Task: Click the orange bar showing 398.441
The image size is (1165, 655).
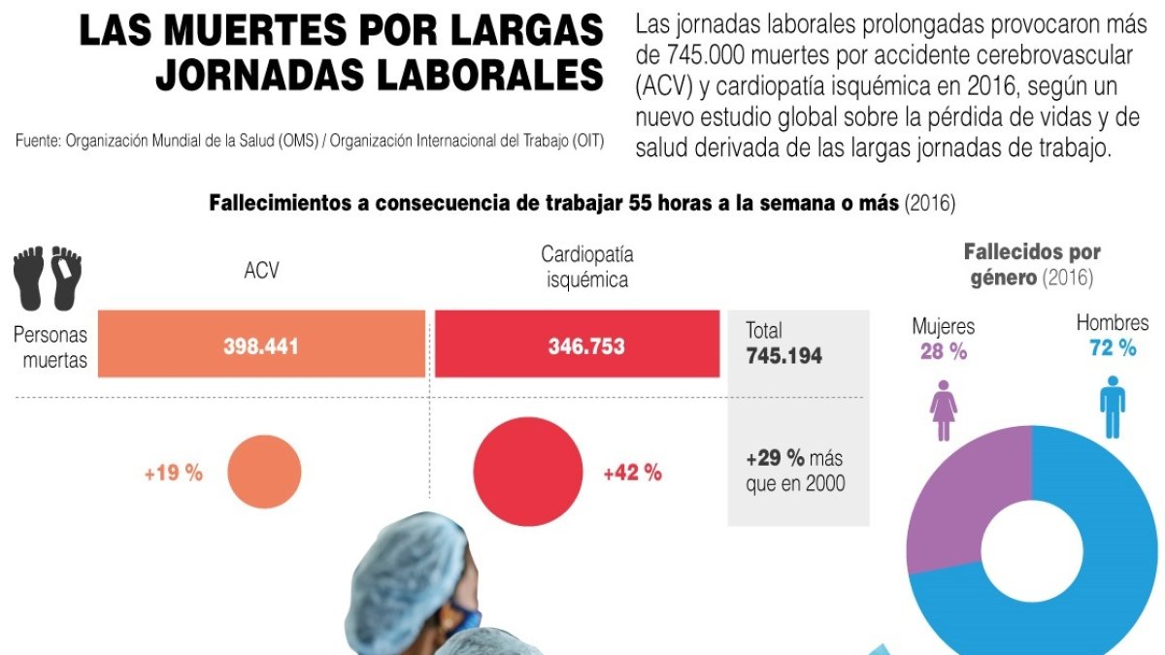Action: tap(261, 344)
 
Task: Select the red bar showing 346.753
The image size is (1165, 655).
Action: tap(577, 344)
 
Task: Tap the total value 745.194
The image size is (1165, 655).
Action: tap(783, 356)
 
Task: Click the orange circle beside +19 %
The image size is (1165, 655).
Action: tap(264, 473)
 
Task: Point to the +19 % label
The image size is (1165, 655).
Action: tap(174, 474)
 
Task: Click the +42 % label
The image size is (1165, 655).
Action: tap(632, 474)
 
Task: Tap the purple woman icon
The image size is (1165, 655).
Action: tap(943, 409)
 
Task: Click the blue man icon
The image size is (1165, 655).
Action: tap(1112, 409)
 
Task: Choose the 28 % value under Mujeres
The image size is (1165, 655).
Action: tap(943, 352)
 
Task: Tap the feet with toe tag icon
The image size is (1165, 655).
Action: tap(48, 278)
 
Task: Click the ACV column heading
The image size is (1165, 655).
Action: tap(261, 271)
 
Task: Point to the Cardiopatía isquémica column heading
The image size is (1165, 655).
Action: tap(586, 267)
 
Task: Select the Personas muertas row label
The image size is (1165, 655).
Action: tap(50, 347)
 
